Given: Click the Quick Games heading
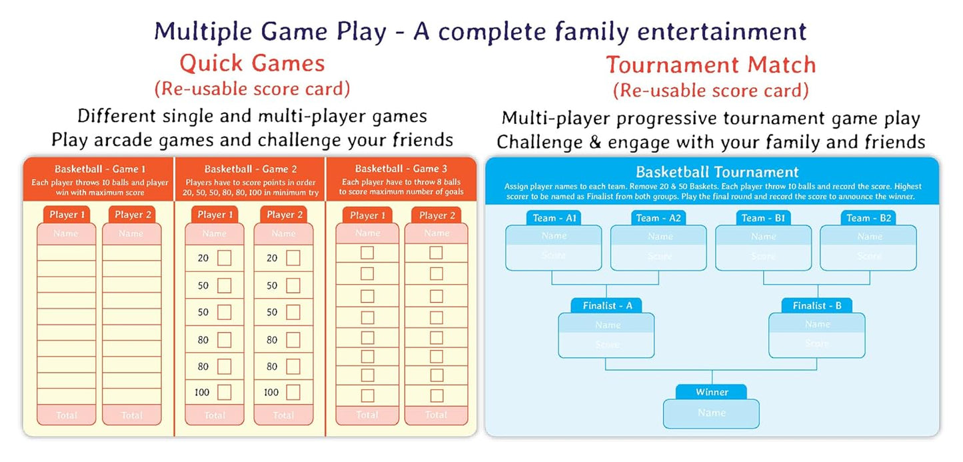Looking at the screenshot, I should coord(252,63).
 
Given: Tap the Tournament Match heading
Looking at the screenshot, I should coord(710,65).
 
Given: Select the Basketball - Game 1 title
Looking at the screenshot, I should coord(100,169).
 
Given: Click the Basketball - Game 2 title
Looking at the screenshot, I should coord(251,169).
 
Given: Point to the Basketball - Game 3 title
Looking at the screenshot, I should coord(401,169).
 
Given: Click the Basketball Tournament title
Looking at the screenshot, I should coord(712,173).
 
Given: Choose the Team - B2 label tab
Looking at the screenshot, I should coord(868,218).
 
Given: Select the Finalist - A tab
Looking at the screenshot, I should coord(606,305).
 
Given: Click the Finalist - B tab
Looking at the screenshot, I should coord(817,305).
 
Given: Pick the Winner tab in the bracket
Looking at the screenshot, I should coord(712,392).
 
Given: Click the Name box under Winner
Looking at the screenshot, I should coord(711,413).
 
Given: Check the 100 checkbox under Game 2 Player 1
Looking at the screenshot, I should coord(224,392).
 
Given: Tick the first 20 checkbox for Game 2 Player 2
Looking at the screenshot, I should coord(293,258).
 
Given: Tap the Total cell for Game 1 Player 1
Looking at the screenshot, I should coord(67,415).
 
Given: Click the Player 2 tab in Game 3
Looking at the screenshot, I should coord(436,215).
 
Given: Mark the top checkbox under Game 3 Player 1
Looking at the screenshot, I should coord(367,253).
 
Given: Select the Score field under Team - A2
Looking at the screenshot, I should coord(659,257).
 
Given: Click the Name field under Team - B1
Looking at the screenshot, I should coord(764,236).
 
